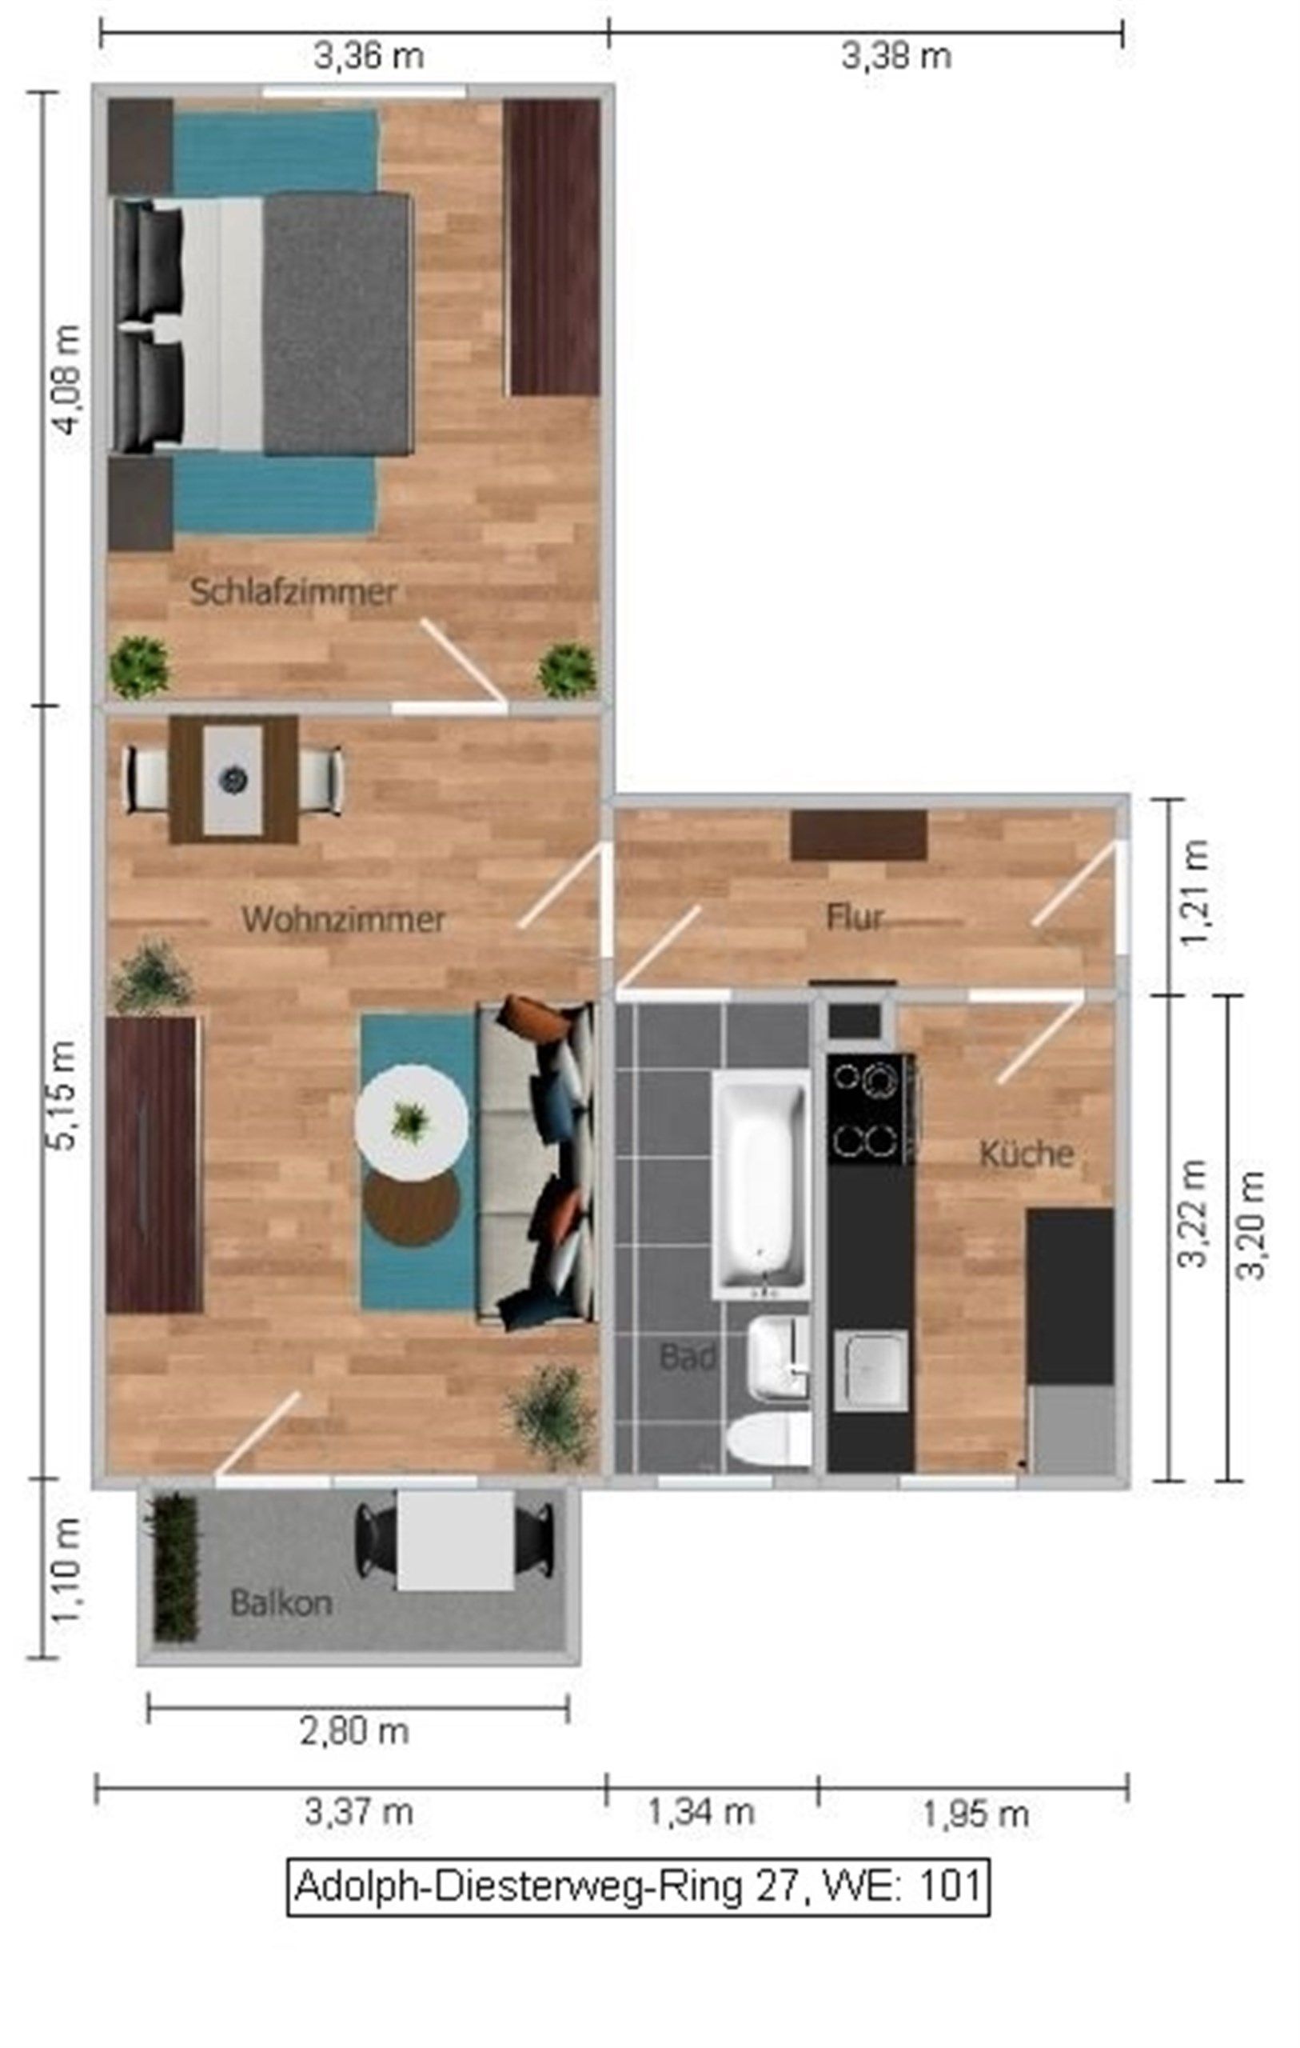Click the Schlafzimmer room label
(293, 593)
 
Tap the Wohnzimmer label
(344, 919)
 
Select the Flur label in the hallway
(855, 917)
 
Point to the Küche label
(1027, 1154)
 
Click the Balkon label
(281, 1603)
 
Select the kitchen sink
(871, 1370)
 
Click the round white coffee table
(412, 1122)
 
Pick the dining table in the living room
(233, 779)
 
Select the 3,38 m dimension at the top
(896, 57)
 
